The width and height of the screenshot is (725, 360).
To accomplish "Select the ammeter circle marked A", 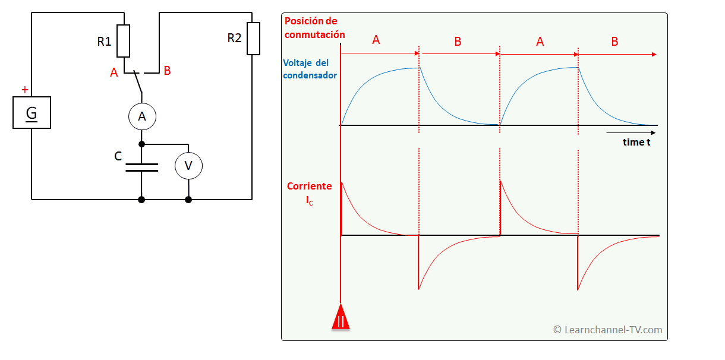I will [x=141, y=117].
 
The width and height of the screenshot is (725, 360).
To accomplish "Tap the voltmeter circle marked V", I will [x=188, y=166].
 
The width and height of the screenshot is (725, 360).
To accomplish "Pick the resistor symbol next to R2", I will [x=253, y=39].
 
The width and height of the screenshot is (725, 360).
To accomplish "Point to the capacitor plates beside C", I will [x=141, y=166].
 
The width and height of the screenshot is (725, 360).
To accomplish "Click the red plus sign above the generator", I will [x=24, y=90].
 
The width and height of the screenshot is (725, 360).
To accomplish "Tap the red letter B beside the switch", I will [x=167, y=71].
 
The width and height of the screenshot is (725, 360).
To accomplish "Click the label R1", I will [x=104, y=42].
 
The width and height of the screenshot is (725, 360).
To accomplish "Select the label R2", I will [x=235, y=38].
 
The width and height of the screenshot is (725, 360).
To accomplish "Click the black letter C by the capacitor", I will [x=118, y=156].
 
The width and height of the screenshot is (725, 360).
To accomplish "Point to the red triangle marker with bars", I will [x=341, y=317].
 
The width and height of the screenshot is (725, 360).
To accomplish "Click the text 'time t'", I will [x=636, y=142].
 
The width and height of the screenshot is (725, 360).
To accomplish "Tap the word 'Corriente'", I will [x=310, y=186].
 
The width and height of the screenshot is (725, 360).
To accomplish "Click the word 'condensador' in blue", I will [x=310, y=75].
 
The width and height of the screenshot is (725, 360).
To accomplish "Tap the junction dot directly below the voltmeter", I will [x=188, y=200].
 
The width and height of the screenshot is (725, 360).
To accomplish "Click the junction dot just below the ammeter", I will [x=141, y=144].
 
